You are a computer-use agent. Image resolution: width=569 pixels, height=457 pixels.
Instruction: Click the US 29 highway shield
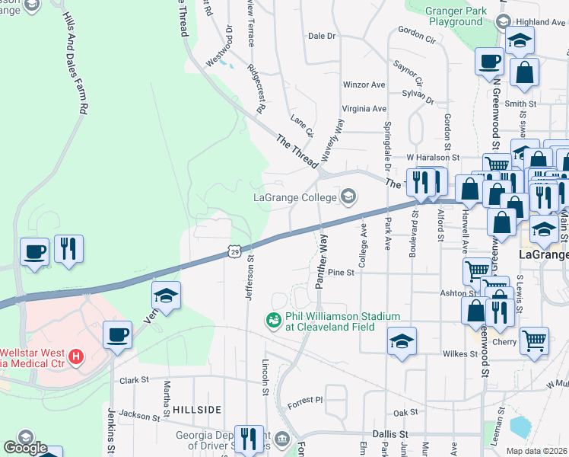(235, 251)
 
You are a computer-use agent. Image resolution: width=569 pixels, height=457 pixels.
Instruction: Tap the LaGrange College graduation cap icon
(348, 198)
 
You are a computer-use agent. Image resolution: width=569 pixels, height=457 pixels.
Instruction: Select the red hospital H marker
(75, 356)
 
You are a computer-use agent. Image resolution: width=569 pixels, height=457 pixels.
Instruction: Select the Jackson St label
(138, 415)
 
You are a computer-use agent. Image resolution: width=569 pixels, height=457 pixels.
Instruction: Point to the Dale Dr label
(322, 36)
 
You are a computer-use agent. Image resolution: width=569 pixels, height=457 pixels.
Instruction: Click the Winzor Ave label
(364, 85)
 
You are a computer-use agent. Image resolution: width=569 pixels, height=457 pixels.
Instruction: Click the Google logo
(24, 449)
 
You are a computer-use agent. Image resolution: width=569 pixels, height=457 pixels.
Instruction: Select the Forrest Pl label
(309, 398)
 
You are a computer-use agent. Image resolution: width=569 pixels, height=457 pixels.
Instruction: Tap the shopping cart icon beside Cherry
(534, 343)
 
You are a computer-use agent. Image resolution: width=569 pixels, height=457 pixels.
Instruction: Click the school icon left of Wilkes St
(402, 343)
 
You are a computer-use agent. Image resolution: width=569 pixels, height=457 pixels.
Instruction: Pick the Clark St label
(132, 379)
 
